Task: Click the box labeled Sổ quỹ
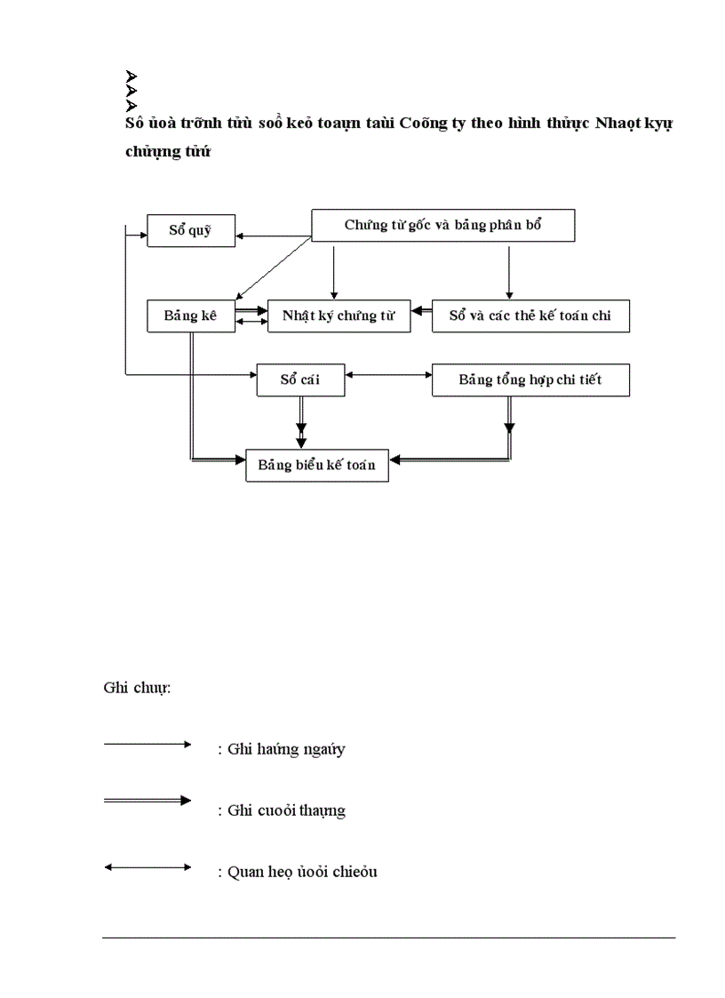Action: pos(190,230)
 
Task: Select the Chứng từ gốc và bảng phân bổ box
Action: pos(442,225)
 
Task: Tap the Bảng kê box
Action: pos(190,315)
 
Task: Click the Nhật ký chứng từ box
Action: pos(339,315)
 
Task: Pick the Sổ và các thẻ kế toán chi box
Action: pos(530,315)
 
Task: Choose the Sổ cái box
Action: pos(300,379)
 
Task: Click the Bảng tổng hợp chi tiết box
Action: pos(530,379)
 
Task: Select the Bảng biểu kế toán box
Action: pos(316,465)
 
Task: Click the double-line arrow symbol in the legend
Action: pos(147,801)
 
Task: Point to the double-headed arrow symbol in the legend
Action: pos(147,866)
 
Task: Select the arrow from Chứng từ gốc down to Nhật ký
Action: pos(333,271)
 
